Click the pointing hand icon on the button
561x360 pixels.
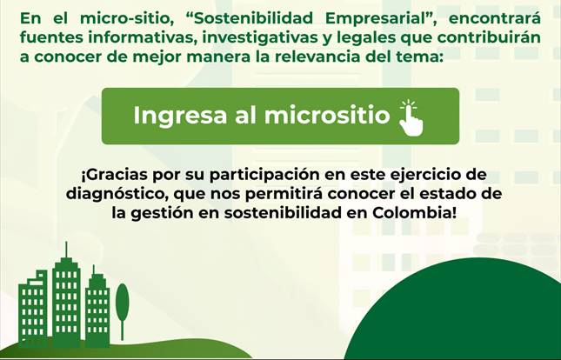pos(411,117)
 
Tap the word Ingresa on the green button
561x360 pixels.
pos(180,117)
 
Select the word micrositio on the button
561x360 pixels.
pos(327,115)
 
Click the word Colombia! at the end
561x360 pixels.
pos(414,213)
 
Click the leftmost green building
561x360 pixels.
pos(33,309)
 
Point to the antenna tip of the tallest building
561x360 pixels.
pos(66,243)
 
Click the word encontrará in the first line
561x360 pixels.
pos(494,18)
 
